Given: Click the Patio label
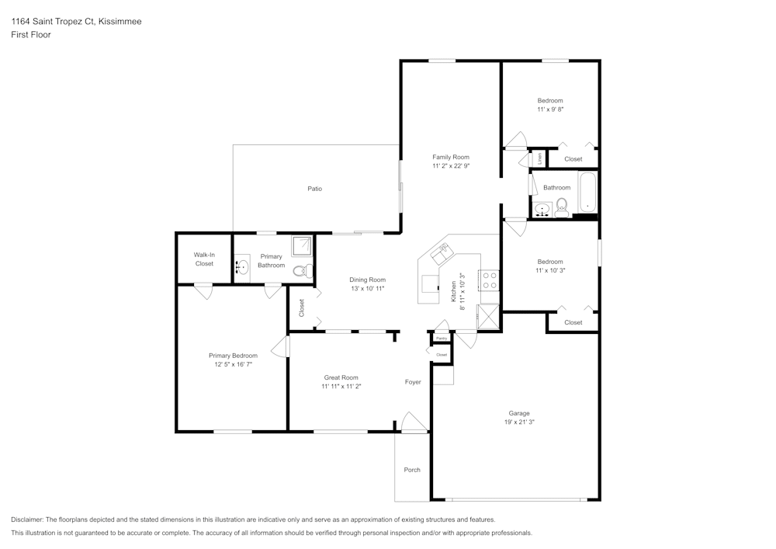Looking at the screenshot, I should click(314, 189).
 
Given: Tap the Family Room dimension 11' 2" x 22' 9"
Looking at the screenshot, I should click(451, 166).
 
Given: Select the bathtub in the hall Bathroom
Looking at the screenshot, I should click(587, 194).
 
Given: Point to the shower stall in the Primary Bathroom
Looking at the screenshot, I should click(301, 246).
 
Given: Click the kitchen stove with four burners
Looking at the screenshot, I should click(489, 280).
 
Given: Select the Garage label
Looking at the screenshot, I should click(519, 413).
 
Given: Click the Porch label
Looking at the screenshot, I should click(412, 470).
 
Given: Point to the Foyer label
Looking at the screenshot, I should click(413, 381).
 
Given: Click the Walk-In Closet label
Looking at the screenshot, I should click(204, 259).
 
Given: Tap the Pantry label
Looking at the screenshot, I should click(441, 339).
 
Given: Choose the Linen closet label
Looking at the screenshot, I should click(540, 158).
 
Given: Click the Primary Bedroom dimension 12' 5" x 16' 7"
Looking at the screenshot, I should click(233, 364).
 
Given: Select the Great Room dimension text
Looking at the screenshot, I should click(341, 386).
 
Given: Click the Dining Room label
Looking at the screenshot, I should click(368, 280).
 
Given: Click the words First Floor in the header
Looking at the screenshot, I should click(31, 35).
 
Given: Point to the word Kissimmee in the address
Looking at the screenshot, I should click(120, 22).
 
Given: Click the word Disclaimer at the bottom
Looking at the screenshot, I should click(28, 519).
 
